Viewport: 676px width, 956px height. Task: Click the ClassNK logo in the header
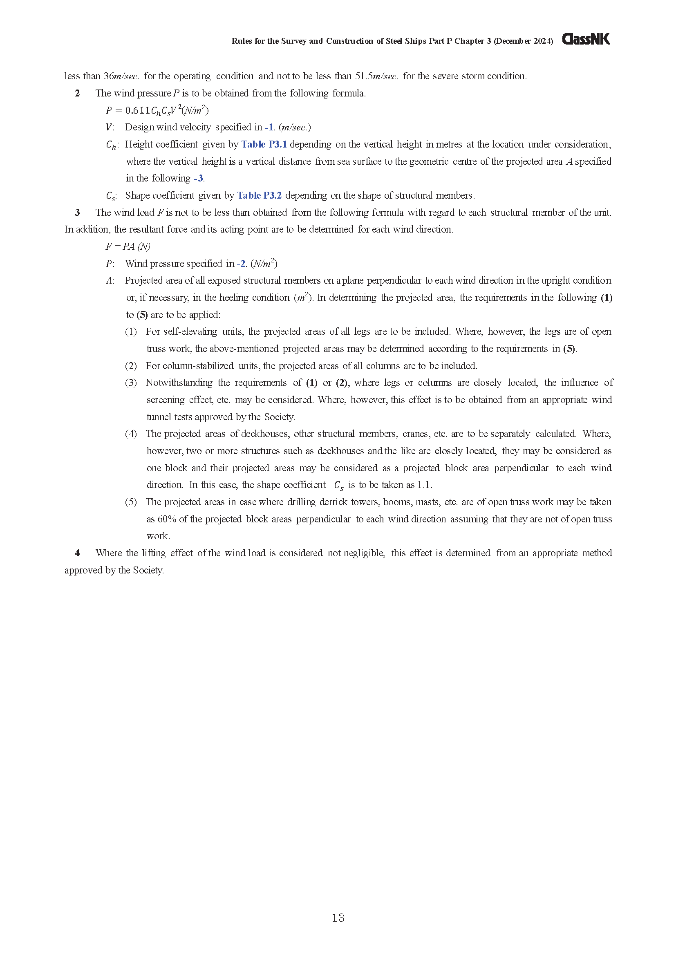[x=586, y=40]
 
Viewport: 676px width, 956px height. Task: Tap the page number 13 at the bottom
[x=338, y=918]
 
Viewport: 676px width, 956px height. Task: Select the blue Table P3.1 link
[x=264, y=144]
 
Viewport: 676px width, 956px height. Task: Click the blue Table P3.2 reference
[x=260, y=195]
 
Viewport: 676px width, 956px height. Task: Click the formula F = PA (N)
[x=128, y=246]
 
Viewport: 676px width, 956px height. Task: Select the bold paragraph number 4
[x=77, y=553]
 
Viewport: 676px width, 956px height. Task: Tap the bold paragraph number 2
[x=77, y=93]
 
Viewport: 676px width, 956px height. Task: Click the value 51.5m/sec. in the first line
[x=377, y=76]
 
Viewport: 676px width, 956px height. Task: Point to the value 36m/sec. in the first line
[x=121, y=76]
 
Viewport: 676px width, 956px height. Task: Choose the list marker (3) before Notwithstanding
[x=131, y=383]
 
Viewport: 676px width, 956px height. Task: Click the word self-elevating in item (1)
[x=190, y=332]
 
